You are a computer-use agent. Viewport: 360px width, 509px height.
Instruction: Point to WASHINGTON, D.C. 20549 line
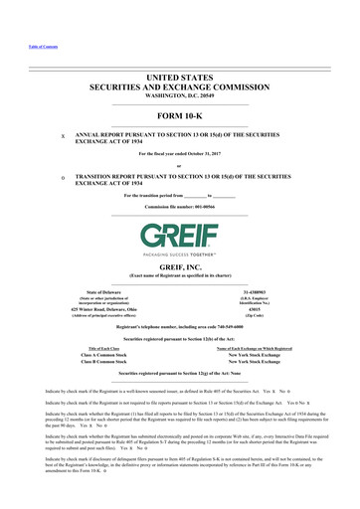[x=179, y=85]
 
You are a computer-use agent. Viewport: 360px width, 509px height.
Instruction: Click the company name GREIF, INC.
[x=179, y=242]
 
